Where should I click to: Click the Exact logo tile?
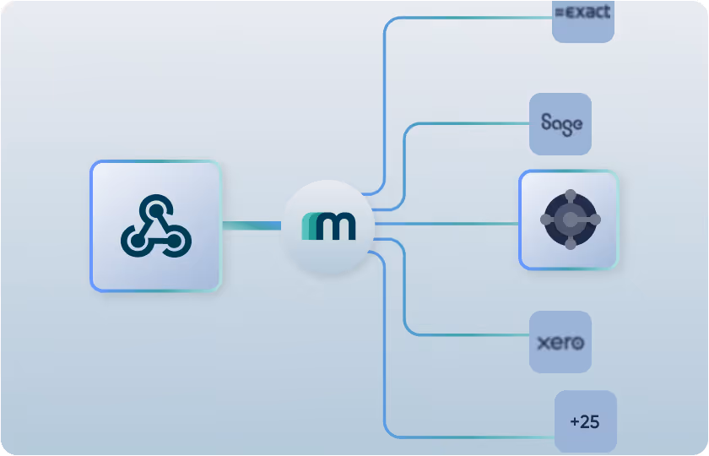(x=582, y=19)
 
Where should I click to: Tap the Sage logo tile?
(x=560, y=124)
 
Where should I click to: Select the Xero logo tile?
(x=560, y=342)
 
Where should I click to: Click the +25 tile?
(x=585, y=421)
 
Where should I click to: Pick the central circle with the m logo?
(x=328, y=225)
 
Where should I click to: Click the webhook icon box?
(x=155, y=225)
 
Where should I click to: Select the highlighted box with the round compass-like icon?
(x=568, y=220)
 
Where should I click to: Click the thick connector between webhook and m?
(x=252, y=225)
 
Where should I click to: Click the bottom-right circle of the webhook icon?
(x=176, y=242)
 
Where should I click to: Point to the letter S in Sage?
(x=547, y=123)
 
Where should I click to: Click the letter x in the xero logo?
(x=543, y=344)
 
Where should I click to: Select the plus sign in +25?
(x=576, y=421)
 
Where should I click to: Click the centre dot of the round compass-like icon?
(x=571, y=220)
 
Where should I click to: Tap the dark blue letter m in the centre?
(x=334, y=227)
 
